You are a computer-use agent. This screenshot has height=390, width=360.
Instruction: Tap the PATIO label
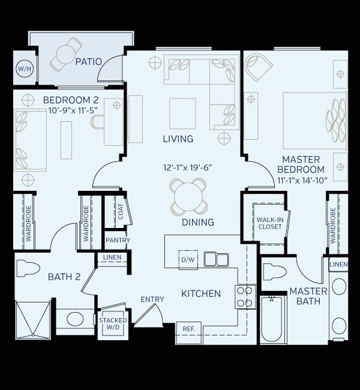pos(88,61)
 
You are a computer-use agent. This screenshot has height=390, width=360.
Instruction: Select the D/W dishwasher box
pos(188,260)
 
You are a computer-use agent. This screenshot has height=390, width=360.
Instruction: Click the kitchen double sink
pos(216,259)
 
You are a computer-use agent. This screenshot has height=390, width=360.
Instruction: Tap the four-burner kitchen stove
pos(245,296)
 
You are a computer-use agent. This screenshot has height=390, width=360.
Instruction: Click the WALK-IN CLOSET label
pos(270,223)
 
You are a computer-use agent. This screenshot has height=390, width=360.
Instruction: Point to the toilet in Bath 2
pos(28,268)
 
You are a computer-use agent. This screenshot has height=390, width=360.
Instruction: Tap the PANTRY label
pos(118,241)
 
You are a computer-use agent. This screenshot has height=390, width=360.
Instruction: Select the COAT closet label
pos(121,211)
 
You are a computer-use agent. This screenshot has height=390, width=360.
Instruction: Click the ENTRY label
pos(152,299)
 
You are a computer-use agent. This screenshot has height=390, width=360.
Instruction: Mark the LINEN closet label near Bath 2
pos(112,257)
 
